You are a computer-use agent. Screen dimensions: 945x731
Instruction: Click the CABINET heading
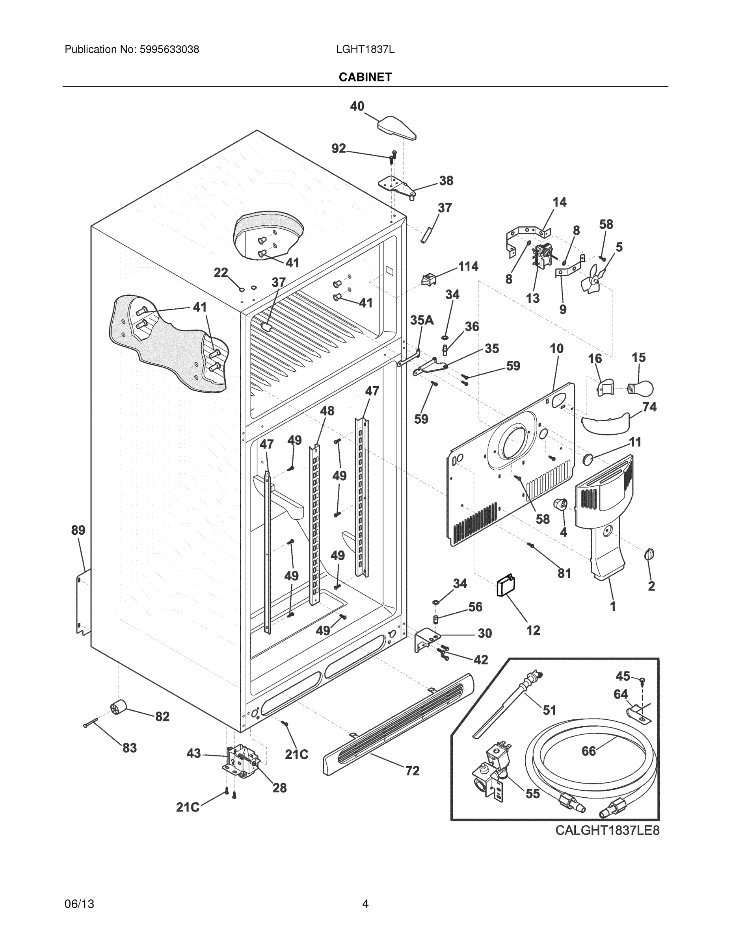coord(365,77)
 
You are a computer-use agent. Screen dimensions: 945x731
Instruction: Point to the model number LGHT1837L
coord(365,49)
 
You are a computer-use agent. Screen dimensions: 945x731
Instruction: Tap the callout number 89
coord(78,530)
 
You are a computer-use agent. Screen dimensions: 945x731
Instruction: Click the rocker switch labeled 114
coord(428,280)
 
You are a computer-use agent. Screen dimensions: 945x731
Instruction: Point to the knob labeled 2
coord(649,554)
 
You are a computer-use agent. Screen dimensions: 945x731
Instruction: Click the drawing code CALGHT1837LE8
coord(607,830)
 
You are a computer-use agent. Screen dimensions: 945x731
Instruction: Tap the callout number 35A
coord(422,320)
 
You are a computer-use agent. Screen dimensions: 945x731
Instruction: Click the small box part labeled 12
coord(505,586)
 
